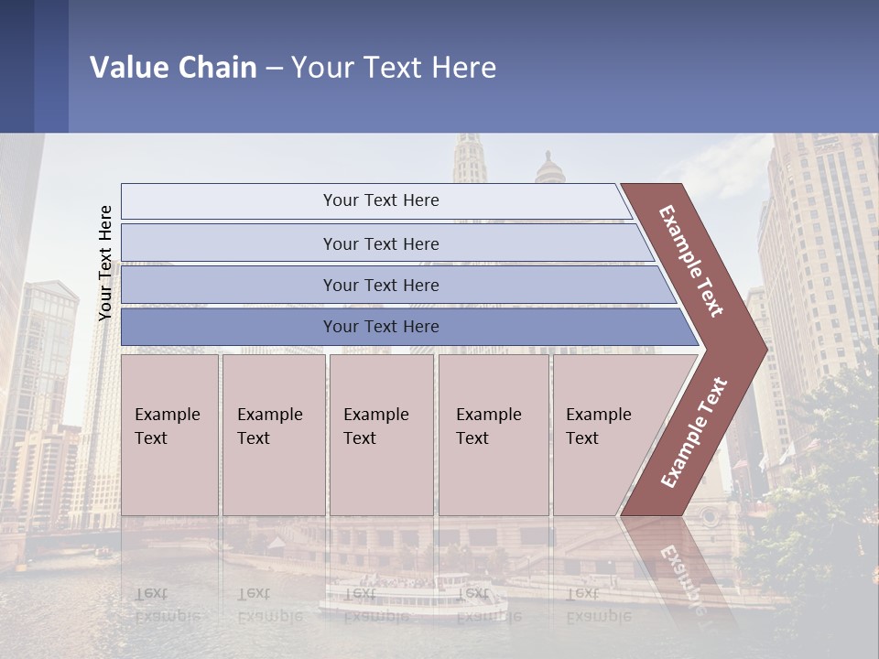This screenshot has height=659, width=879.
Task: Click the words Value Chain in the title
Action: click(173, 67)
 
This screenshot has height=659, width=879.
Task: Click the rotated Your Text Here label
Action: click(105, 263)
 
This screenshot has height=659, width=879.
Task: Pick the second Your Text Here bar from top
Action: click(381, 243)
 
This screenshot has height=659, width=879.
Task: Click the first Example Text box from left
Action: click(169, 435)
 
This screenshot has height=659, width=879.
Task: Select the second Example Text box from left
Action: click(274, 435)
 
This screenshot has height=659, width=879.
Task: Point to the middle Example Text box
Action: click(381, 435)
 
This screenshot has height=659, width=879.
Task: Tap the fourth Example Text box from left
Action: click(494, 435)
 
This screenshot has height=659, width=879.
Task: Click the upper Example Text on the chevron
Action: click(692, 260)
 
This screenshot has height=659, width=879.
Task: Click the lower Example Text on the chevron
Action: click(693, 432)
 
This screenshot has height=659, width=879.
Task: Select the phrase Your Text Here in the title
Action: click(394, 67)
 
